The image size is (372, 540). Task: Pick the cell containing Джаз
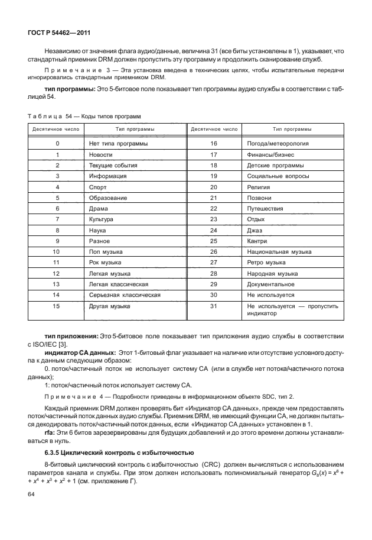(x=254, y=230)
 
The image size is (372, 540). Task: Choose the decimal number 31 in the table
(x=214, y=306)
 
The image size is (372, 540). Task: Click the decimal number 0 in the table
(x=57, y=144)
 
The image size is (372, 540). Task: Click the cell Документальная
(x=271, y=284)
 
